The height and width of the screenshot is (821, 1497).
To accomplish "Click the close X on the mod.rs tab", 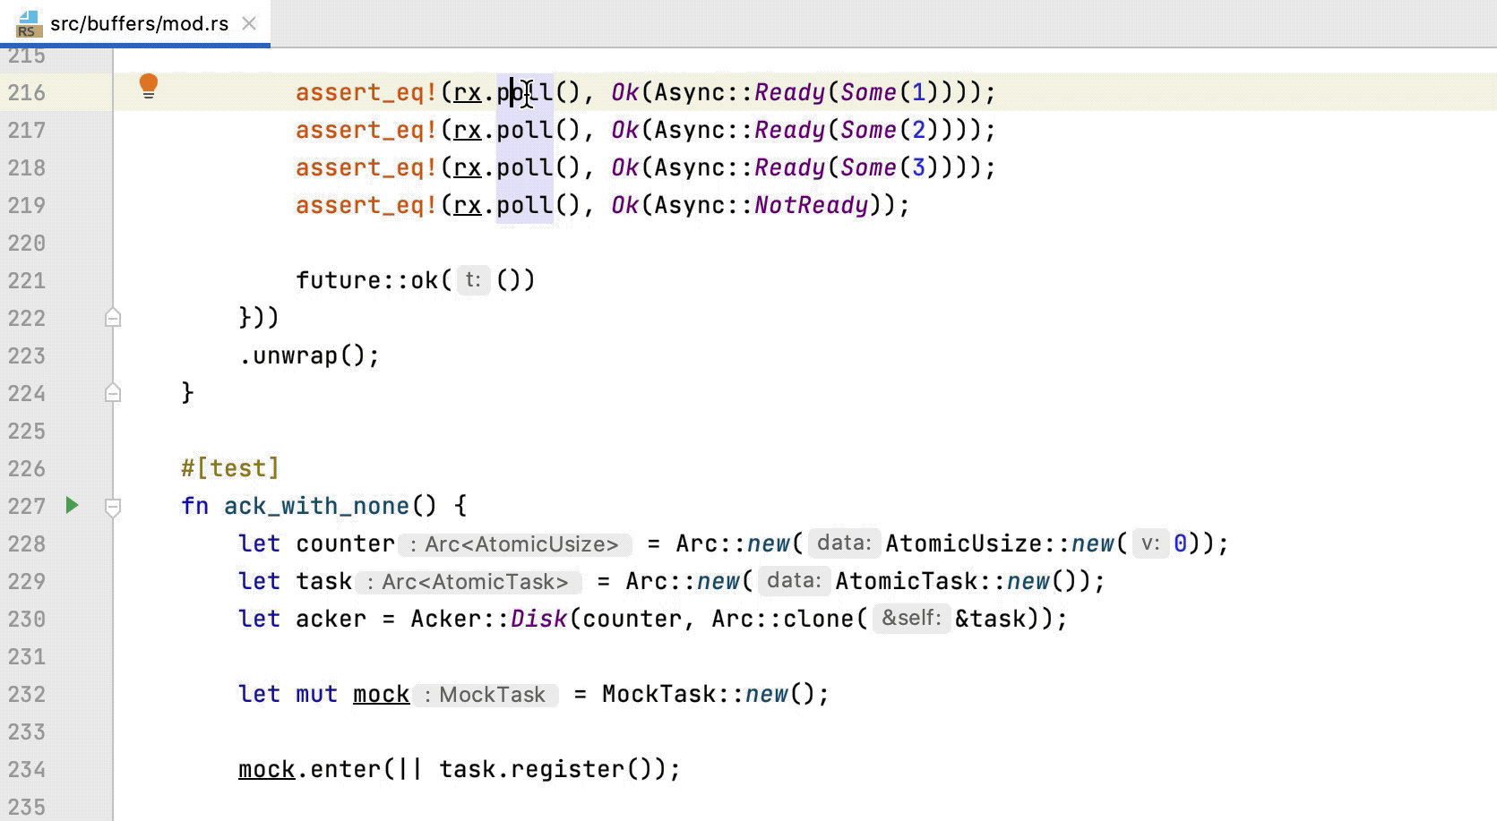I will pos(249,24).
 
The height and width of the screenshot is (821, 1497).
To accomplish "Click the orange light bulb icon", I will pos(149,86).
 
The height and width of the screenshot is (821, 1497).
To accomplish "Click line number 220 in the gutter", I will pos(27,243).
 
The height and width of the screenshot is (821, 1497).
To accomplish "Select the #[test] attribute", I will pos(230,468).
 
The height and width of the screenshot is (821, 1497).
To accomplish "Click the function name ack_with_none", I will pos(316,506).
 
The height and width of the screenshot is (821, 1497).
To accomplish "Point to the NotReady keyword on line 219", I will pos(811,205).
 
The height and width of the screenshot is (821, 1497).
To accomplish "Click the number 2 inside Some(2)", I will pos(918,130).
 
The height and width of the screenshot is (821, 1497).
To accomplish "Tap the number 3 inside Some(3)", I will pos(918,167).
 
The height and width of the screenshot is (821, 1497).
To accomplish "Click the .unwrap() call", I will pos(309,355).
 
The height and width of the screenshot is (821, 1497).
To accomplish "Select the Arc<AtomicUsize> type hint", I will pos(515,544).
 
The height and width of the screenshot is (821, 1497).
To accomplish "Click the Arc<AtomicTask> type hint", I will pos(469,582).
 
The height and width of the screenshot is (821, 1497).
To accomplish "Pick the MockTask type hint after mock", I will pos(485,695).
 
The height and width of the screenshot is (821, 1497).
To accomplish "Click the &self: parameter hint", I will pos(910,618).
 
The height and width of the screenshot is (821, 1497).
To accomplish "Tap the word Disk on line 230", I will pos(538,619).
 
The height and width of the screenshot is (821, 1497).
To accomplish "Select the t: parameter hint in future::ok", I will pos(472,280).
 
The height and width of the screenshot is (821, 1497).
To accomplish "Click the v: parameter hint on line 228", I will pos(1150,543).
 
